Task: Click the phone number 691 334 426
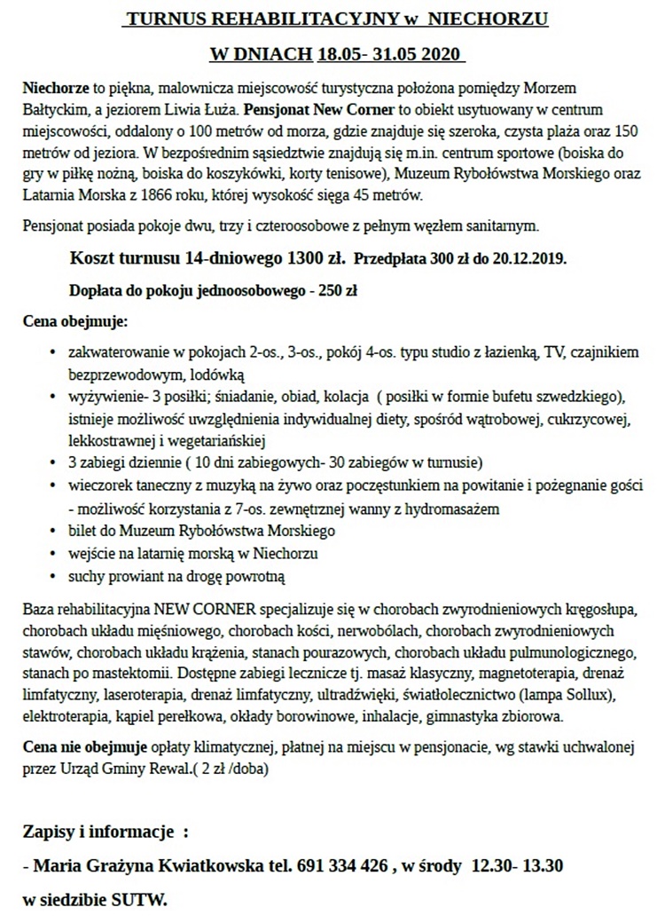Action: point(343,865)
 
